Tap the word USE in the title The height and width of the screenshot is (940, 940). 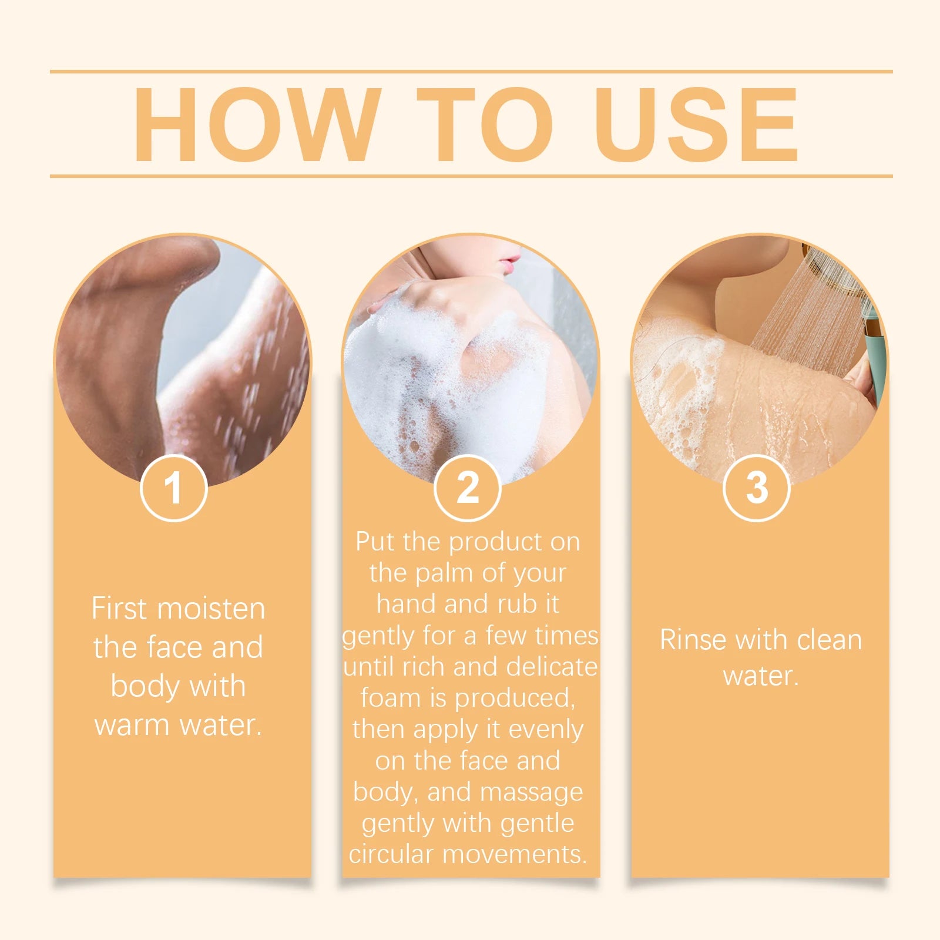[x=696, y=124]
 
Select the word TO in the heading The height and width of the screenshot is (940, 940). [x=485, y=124]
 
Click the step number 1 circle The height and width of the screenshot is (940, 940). [x=174, y=488]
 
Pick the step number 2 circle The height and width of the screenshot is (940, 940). [x=468, y=488]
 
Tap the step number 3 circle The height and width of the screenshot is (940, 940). [x=757, y=488]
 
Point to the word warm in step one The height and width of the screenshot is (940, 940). [x=133, y=726]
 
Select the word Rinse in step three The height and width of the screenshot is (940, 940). [x=693, y=639]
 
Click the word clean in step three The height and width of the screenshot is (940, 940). [x=829, y=639]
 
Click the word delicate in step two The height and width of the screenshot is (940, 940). [x=552, y=666]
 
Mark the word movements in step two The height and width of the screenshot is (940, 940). [x=515, y=854]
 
